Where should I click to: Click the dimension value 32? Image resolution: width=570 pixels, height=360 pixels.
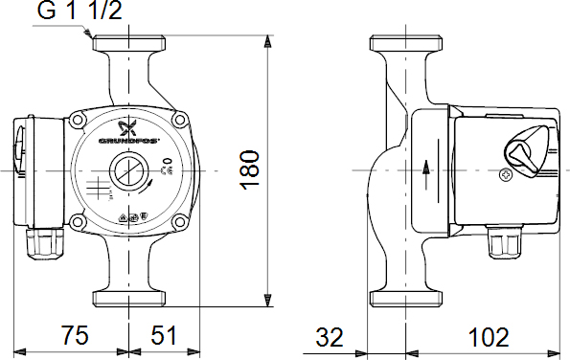pos(329,337)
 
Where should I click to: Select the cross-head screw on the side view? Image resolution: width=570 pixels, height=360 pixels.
pos(507,175)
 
